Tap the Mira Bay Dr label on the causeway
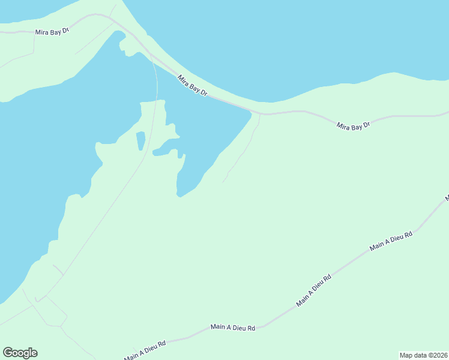click(192, 85)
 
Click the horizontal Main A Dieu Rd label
click(233, 328)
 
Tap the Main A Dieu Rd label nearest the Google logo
click(145, 349)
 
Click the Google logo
click(20, 353)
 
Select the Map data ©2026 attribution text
click(423, 355)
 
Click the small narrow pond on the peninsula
click(140, 141)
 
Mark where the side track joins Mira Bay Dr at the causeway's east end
click(260, 113)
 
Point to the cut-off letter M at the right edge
click(447, 197)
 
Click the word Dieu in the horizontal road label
click(239, 328)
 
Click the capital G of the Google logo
click(8, 353)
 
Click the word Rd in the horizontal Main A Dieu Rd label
click(252, 328)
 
